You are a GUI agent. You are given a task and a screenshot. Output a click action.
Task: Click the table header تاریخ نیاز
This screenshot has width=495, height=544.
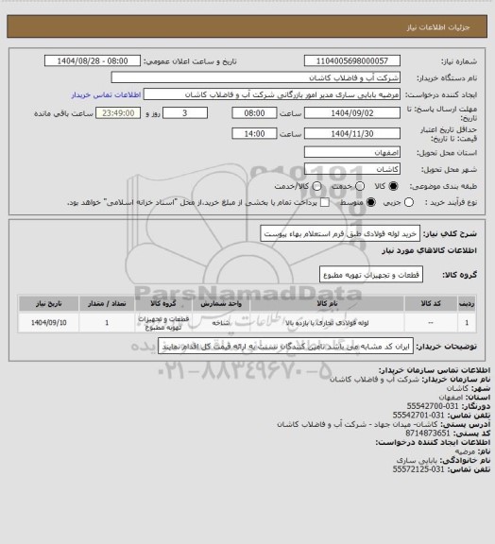[x=47, y=304]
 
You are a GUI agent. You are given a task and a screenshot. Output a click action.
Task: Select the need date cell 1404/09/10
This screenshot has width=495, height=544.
[x=47, y=323]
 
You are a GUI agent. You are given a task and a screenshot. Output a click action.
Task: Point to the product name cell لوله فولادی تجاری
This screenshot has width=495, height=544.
[x=321, y=323]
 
